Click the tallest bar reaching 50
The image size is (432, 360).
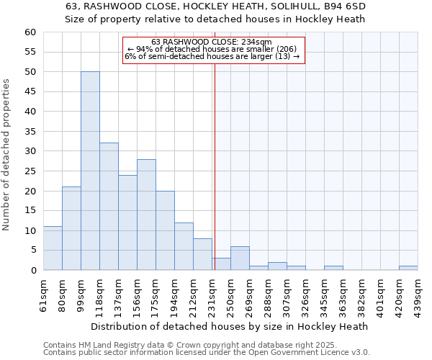pos(90,171)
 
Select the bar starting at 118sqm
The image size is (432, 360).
pos(109,207)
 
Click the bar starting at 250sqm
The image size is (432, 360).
pos(240,258)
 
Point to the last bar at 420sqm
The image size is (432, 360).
pos(408,268)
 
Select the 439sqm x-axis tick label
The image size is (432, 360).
pos(418,293)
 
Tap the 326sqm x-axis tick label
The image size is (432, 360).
pos(305,293)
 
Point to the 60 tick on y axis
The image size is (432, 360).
pos(30,32)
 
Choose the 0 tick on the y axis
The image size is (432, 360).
pos(32,270)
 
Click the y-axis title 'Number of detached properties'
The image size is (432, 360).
pos(8,155)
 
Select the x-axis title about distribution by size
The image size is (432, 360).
pos(230,326)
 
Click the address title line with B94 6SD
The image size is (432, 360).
pos(216,6)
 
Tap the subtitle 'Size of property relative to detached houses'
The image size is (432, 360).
pos(216,19)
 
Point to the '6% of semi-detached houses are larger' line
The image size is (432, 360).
pos(212,55)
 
